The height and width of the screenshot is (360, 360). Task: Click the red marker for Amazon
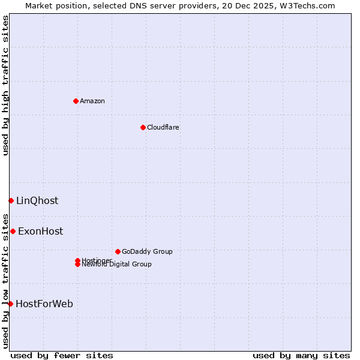[76, 101]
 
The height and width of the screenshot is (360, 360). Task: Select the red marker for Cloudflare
[143, 127]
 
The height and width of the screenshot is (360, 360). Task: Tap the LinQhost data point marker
[11, 200]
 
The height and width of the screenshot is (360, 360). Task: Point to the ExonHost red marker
[13, 231]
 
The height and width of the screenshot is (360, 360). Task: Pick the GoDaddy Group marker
[118, 251]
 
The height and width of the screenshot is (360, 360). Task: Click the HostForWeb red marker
[10, 304]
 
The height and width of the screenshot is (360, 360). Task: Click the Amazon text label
[92, 101]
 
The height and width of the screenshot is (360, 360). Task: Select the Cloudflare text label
[163, 127]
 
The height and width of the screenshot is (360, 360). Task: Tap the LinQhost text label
[37, 200]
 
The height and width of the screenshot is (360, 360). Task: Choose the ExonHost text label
[40, 231]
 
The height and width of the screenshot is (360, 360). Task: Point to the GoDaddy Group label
[147, 251]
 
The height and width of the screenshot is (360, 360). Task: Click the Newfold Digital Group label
[117, 265]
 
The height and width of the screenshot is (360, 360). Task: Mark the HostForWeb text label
[44, 304]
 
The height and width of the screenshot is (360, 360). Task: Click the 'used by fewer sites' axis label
[62, 355]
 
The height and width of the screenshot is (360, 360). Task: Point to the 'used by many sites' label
[301, 355]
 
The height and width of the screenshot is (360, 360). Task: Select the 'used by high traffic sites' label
[6, 85]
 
